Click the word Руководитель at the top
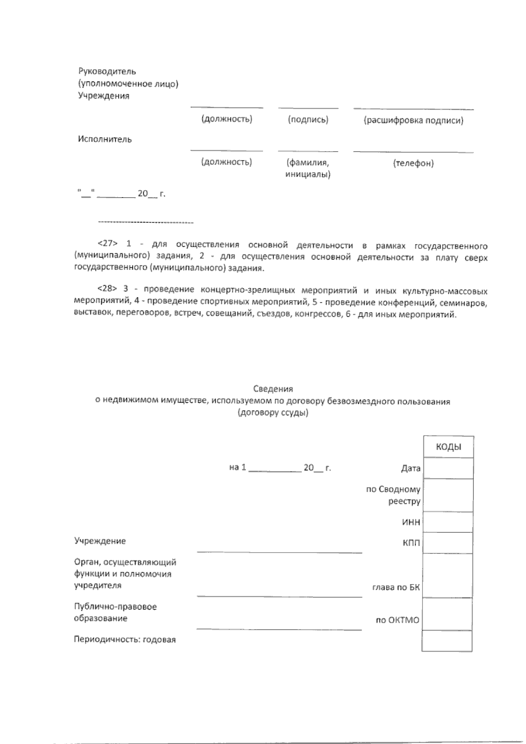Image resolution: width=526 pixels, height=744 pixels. pyautogui.click(x=107, y=71)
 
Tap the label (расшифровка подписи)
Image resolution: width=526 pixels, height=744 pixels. pyautogui.click(x=413, y=120)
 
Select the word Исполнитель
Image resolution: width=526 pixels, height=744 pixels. pyautogui.click(x=105, y=139)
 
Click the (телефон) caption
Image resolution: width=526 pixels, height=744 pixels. pyautogui.click(x=413, y=163)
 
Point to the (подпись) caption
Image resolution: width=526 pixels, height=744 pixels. pyautogui.click(x=308, y=120)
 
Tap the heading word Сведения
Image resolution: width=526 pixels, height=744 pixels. pyautogui.click(x=273, y=389)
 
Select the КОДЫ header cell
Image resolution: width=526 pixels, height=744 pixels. pyautogui.click(x=448, y=447)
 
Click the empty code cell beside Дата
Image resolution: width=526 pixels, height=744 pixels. pyautogui.click(x=448, y=468)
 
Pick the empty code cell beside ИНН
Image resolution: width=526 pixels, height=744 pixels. pyautogui.click(x=448, y=522)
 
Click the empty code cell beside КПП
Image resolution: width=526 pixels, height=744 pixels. pyautogui.click(x=448, y=543)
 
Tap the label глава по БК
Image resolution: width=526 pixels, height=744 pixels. pyautogui.click(x=395, y=588)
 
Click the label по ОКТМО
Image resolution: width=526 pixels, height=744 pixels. pyautogui.click(x=397, y=620)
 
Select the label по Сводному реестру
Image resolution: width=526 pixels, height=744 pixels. pyautogui.click(x=393, y=496)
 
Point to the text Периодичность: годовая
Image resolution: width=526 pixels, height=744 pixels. pyautogui.click(x=125, y=640)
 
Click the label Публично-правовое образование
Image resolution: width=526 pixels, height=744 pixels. pyautogui.click(x=115, y=613)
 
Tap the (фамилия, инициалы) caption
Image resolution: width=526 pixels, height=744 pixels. pyautogui.click(x=308, y=169)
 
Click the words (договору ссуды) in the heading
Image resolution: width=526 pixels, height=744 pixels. pyautogui.click(x=273, y=413)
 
